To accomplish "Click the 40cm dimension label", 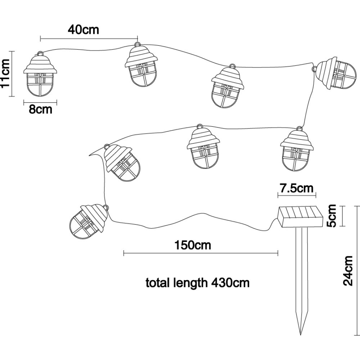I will [83, 29].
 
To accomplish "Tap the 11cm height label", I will [5, 74].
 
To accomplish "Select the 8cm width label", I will [40, 109].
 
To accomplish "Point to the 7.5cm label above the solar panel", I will [297, 188].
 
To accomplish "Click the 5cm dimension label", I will [332, 216].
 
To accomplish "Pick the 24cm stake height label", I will [348, 271].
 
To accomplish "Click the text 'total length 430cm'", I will [197, 283].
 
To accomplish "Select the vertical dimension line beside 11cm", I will [13, 74].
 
